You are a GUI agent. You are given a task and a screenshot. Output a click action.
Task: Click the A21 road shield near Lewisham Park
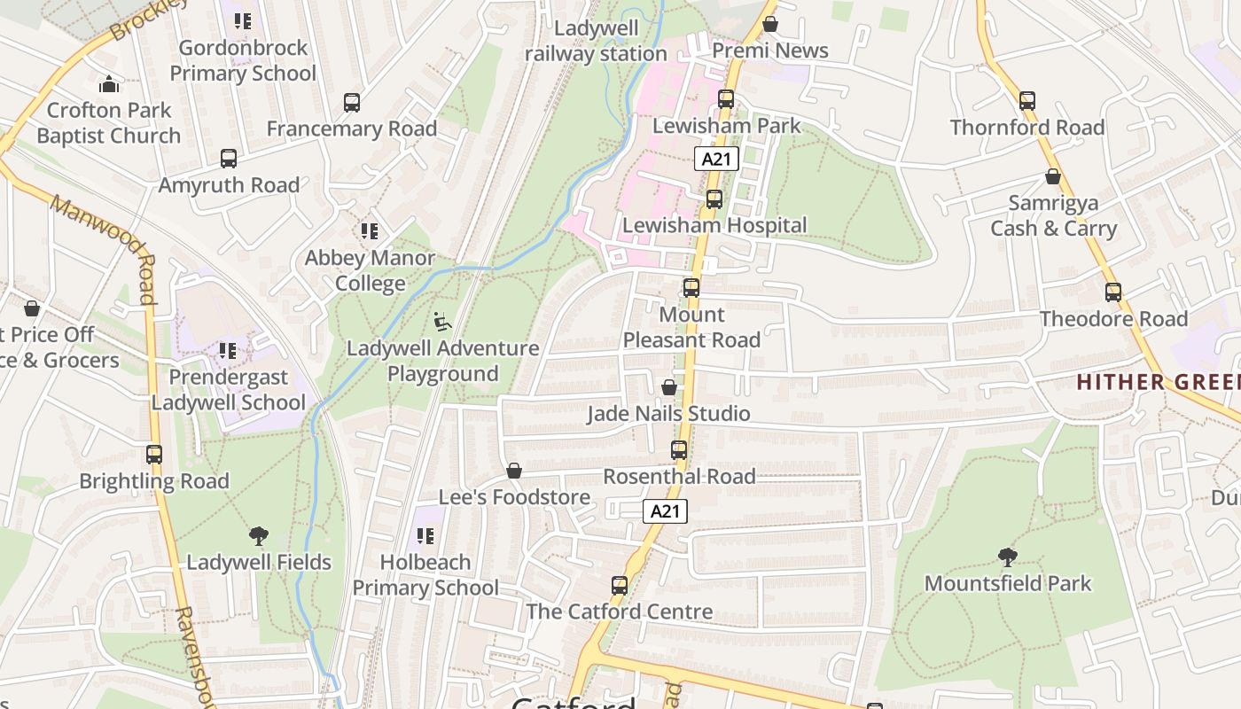716,160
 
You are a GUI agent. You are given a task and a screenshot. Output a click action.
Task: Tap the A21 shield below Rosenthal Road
665,511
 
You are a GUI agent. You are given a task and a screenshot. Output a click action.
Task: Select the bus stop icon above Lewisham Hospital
714,199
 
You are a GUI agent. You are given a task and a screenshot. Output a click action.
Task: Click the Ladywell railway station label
596,41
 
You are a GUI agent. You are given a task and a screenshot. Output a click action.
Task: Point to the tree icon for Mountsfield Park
1008,557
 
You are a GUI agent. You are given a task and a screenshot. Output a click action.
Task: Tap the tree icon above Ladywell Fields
259,536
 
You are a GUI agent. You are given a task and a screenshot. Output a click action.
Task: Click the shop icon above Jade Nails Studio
669,388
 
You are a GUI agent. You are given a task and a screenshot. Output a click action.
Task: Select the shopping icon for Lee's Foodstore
514,471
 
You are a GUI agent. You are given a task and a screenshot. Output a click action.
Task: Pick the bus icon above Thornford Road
1027,101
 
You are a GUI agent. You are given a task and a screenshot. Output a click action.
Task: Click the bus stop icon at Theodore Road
1113,292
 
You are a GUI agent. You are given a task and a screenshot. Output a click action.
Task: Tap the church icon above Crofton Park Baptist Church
109,84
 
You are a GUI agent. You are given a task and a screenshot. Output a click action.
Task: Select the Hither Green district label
1157,382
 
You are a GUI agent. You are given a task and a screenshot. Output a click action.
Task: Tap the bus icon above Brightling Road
154,455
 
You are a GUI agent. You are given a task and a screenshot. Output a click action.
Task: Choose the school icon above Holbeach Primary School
425,536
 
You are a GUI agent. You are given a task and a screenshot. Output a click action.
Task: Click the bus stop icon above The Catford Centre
620,586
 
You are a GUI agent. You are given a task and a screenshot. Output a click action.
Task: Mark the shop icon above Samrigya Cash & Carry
1053,177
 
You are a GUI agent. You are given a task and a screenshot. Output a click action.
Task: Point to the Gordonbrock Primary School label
243,60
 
